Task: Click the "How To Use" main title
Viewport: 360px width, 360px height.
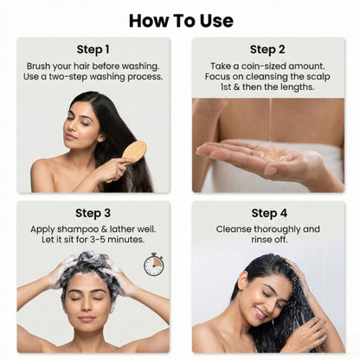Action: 181,21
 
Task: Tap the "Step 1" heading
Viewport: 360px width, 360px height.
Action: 93,49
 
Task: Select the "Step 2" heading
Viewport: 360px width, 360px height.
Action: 267,49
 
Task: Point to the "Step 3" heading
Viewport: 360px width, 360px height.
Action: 93,213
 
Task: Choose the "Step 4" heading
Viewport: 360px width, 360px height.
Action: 269,213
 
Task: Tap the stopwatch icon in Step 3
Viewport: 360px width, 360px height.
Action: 153,264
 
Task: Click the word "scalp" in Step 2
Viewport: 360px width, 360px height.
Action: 319,77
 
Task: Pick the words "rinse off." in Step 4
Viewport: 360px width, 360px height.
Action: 269,240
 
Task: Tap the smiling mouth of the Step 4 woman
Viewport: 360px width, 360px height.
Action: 260,312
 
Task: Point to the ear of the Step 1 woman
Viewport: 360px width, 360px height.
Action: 100,137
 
